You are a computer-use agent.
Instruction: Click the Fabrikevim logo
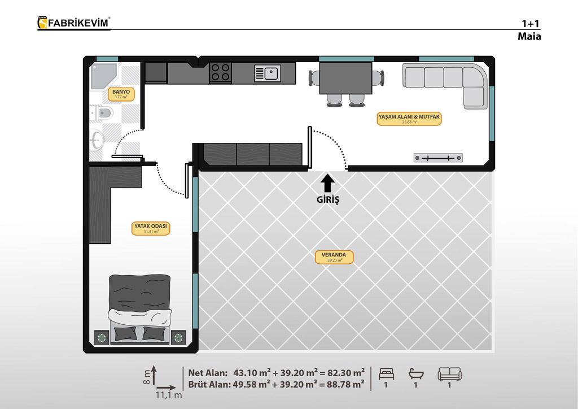(74, 23)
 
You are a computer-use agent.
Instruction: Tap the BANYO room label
(121, 94)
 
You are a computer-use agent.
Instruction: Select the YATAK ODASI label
(150, 228)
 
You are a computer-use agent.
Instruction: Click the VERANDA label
(334, 257)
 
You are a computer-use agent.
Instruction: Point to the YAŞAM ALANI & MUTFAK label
(409, 119)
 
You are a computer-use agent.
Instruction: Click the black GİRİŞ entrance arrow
(327, 183)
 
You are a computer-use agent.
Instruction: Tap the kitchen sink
(268, 73)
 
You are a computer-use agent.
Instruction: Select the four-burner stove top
(221, 72)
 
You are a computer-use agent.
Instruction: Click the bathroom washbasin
(97, 140)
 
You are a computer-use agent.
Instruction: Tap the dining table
(345, 78)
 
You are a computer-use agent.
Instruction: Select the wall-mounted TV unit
(438, 158)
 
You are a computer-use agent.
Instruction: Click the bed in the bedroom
(140, 309)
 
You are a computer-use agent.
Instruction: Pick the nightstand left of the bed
(102, 337)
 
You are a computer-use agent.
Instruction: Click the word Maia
(529, 36)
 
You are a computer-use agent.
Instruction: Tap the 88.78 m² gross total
(342, 384)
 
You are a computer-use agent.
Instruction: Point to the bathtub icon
(416, 373)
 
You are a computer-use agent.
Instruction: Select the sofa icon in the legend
(449, 374)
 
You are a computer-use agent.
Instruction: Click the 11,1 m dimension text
(169, 395)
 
